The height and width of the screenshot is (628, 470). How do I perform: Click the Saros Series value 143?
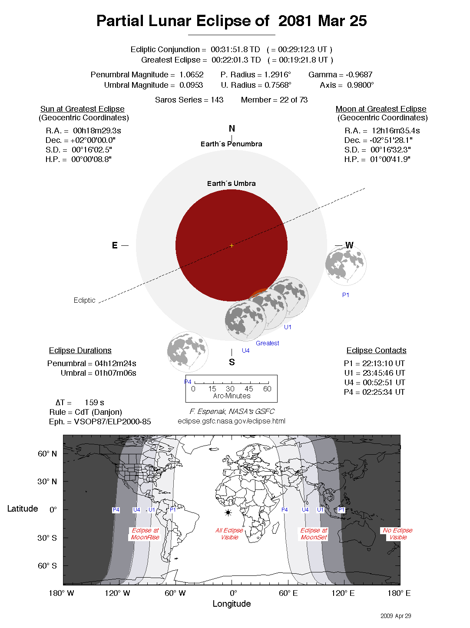point(217,100)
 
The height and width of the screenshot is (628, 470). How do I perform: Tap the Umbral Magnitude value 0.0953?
point(191,85)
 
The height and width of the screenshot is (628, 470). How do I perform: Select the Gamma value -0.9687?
point(359,75)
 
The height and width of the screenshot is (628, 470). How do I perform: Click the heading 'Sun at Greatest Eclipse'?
point(83,109)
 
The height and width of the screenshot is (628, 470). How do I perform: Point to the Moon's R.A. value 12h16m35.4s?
point(396,131)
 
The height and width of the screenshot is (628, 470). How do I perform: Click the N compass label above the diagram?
point(232,129)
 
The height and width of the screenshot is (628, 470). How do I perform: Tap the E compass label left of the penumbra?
point(115,245)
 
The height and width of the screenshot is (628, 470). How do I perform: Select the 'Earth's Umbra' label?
point(231,183)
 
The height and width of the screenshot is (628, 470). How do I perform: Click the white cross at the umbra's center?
point(232,245)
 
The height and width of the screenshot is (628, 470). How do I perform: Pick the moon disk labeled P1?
point(346,265)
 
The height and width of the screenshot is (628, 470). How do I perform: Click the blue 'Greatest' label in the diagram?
point(267,343)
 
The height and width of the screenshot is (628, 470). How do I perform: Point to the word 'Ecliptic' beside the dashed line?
point(84,300)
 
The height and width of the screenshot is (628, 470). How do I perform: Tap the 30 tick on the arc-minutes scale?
point(230,389)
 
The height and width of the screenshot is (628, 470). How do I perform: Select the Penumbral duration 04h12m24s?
point(116,364)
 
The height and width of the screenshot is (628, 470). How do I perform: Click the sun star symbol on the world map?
point(228,513)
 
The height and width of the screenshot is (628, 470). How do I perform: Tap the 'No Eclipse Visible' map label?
point(397,534)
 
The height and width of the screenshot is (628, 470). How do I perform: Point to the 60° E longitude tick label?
point(288,593)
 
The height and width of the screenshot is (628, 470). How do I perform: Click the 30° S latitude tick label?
point(47,538)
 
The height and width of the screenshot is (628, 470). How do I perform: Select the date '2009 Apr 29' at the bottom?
point(395,616)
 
